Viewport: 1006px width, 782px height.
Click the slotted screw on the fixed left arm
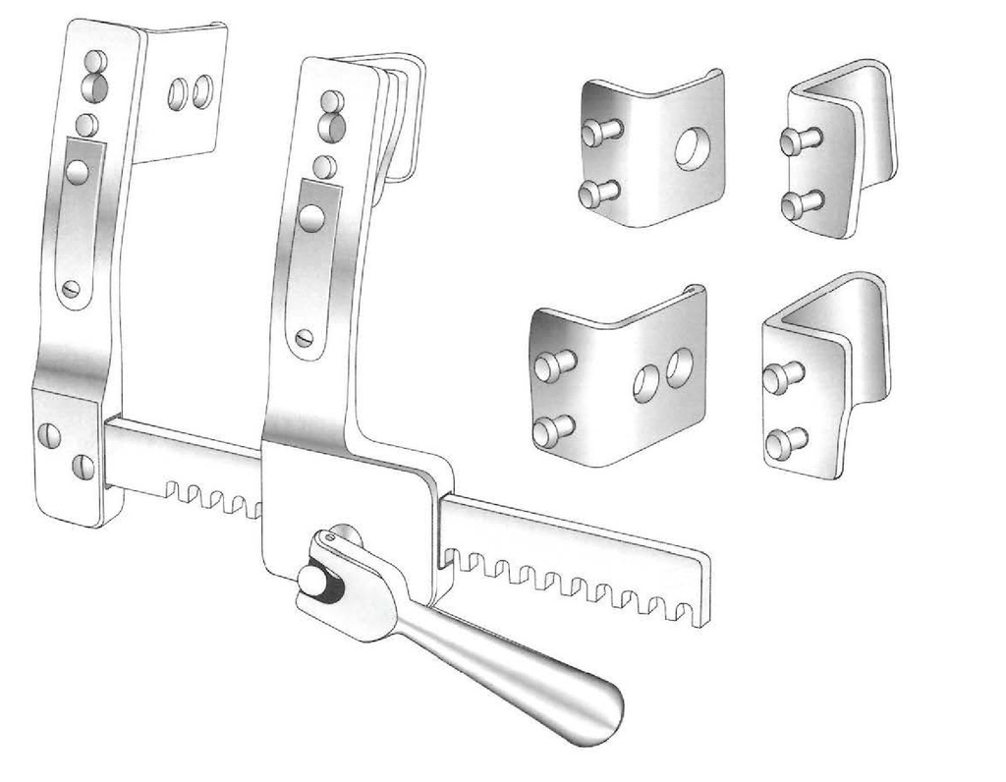[x=71, y=290]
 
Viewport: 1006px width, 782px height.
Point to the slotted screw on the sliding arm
[x=305, y=337]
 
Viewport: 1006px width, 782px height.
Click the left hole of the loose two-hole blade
[x=645, y=382]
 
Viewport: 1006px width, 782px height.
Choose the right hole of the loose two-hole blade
[x=679, y=366]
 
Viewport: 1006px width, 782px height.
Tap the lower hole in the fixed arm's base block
[x=84, y=466]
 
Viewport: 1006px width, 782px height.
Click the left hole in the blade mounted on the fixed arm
[x=178, y=93]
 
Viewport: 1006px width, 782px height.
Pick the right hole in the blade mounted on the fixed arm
[x=202, y=91]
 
